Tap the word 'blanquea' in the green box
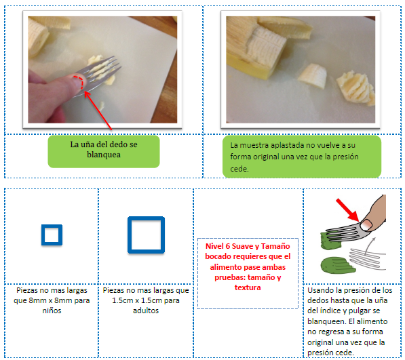click(104, 155)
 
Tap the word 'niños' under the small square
click(52, 311)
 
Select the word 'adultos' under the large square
click(146, 311)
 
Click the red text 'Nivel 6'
click(218, 246)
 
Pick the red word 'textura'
click(248, 287)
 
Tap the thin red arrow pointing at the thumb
click(98, 111)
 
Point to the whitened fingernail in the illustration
click(366, 225)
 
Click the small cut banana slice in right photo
click(312, 76)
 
